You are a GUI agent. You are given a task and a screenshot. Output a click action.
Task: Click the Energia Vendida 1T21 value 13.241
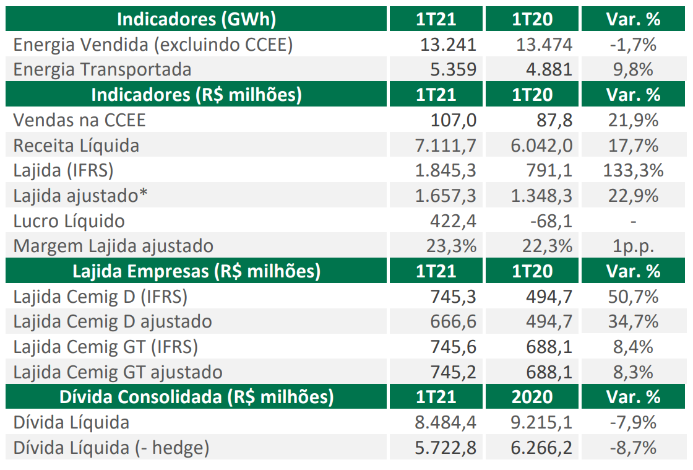tap(448, 45)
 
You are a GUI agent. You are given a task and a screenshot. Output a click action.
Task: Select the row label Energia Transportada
tap(102, 69)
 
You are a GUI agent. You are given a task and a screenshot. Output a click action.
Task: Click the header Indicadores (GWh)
tap(197, 19)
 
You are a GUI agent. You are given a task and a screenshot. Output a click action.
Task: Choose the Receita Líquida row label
tap(76, 146)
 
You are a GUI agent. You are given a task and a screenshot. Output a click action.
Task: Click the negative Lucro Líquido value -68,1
tap(549, 221)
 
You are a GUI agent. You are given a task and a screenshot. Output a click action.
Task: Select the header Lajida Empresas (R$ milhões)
tap(197, 271)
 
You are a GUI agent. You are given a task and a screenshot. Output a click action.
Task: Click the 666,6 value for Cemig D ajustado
tap(454, 321)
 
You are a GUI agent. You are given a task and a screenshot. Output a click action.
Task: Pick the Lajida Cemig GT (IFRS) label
tap(105, 347)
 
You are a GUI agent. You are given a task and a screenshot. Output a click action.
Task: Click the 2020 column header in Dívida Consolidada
tap(532, 397)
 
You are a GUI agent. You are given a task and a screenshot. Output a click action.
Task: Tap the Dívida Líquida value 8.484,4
tap(445, 422)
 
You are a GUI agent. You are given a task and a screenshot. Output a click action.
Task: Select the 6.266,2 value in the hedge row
tap(541, 448)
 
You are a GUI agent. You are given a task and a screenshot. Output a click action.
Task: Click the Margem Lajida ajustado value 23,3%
tap(451, 246)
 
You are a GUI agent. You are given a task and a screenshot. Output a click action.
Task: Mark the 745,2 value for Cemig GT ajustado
tap(454, 372)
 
